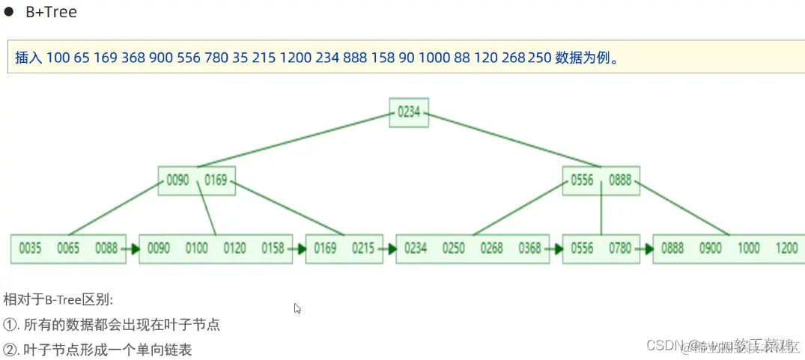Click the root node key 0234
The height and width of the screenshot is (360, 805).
tap(409, 112)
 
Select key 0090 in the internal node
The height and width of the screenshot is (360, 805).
tap(177, 180)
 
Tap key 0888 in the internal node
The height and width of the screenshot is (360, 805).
tap(621, 180)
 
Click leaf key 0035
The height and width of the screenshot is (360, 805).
tap(30, 248)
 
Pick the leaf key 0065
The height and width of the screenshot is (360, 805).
tap(68, 248)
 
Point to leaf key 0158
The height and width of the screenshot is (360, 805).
tap(273, 248)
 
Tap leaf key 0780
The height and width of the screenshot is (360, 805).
tap(620, 248)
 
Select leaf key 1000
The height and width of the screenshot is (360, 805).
tap(748, 248)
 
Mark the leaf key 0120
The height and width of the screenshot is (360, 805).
tap(234, 248)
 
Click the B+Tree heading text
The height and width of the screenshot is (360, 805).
tap(51, 13)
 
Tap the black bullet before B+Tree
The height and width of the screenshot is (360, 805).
tap(10, 13)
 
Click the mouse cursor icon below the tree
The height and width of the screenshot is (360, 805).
tap(297, 308)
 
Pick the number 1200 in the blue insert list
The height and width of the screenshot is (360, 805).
tap(294, 58)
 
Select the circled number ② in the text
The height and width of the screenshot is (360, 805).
tap(10, 350)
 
